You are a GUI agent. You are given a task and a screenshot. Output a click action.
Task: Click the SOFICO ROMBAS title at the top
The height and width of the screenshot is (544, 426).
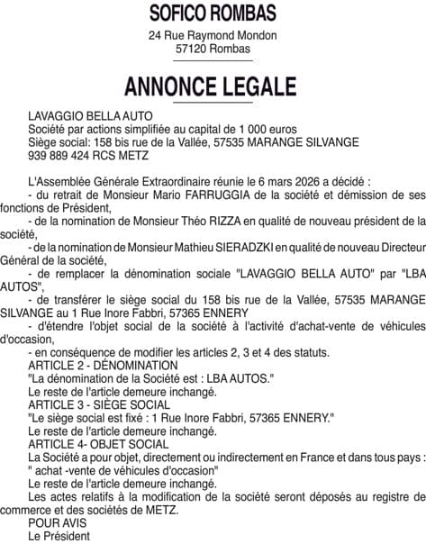213,13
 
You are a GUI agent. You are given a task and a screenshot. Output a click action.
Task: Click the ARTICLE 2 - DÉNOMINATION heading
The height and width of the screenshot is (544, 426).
103,365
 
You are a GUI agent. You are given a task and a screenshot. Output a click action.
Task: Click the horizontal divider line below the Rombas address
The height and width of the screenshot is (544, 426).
213,63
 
